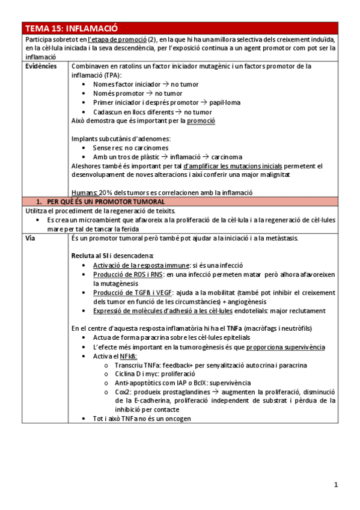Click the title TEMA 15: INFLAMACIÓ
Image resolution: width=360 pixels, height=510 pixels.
(72, 28)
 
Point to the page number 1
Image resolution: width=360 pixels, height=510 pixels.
(337, 484)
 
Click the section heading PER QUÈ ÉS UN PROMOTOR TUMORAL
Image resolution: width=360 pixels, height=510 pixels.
(105, 201)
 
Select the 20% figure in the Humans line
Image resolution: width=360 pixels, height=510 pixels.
(106, 192)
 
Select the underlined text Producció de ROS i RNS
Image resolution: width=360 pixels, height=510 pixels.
(128, 274)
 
